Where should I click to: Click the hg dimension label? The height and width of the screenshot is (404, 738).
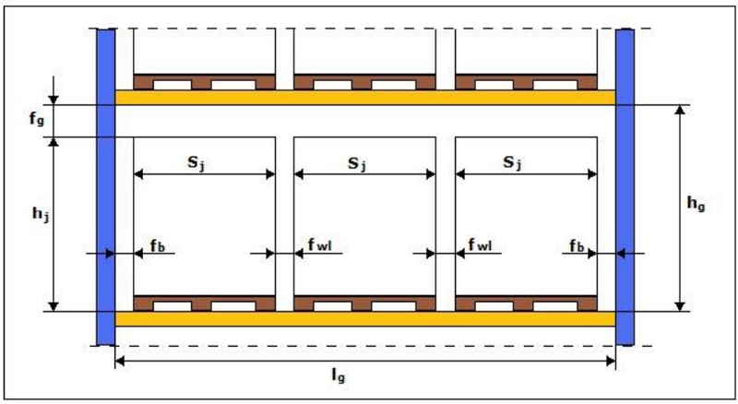pyautogui.click(x=696, y=204)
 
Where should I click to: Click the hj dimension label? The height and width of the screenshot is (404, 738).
pyautogui.click(x=41, y=214)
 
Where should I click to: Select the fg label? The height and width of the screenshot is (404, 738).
pyautogui.click(x=36, y=118)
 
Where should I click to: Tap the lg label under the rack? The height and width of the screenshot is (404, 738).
pyautogui.click(x=339, y=375)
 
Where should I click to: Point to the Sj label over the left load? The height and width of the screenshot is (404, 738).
pyautogui.click(x=196, y=163)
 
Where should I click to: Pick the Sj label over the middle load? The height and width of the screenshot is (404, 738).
pyautogui.click(x=357, y=163)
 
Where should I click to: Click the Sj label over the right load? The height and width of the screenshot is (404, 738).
pyautogui.click(x=512, y=162)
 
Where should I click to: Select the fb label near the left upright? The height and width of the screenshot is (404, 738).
pyautogui.click(x=158, y=245)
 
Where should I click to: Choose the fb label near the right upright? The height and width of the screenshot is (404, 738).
pyautogui.click(x=577, y=245)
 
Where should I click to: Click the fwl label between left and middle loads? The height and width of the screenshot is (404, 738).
pyautogui.click(x=319, y=244)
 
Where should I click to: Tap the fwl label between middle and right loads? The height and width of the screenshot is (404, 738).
pyautogui.click(x=480, y=244)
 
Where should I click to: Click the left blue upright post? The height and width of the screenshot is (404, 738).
pyautogui.click(x=106, y=187)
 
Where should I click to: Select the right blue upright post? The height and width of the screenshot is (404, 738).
pyautogui.click(x=625, y=187)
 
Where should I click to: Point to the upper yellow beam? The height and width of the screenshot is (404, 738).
pyautogui.click(x=365, y=98)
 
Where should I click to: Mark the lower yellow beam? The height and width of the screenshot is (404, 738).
pyautogui.click(x=365, y=319)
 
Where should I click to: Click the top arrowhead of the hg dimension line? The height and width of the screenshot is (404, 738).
pyautogui.click(x=680, y=110)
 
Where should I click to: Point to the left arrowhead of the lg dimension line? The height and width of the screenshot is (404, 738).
pyautogui.click(x=120, y=362)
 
